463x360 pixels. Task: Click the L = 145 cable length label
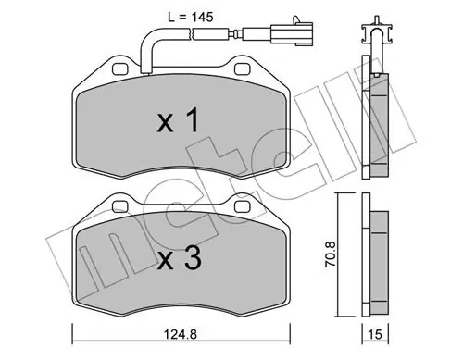191,18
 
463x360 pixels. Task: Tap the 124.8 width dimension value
181,334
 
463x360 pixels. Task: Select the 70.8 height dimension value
331,254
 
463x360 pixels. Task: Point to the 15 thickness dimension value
375,334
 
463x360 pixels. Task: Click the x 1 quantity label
179,122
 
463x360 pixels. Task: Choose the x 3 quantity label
180,258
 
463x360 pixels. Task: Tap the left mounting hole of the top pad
120,68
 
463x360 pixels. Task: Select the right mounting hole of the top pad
243,68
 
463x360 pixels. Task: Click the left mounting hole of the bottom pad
120,206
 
